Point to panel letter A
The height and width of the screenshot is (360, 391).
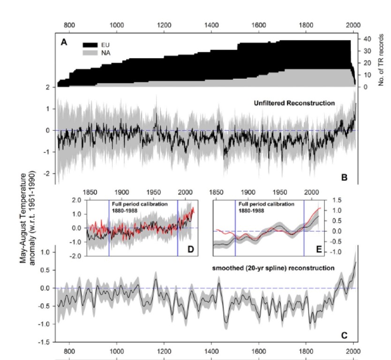point(64,42)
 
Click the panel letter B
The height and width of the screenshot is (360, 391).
point(344,178)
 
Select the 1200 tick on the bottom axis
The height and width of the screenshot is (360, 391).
point(164,350)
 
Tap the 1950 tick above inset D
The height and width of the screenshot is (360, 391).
point(154,192)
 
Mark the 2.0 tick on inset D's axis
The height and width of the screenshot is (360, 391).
point(76,200)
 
